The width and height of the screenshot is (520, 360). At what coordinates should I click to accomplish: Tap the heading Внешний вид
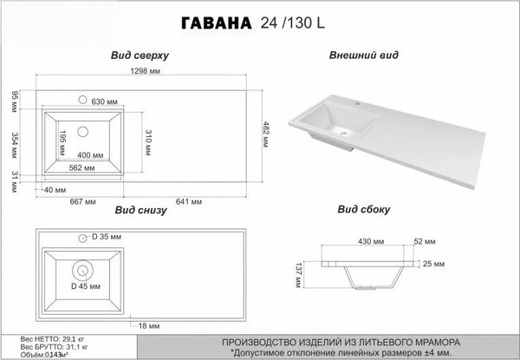pos(364,55)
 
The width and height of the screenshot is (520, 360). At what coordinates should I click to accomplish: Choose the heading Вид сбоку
pos(364,210)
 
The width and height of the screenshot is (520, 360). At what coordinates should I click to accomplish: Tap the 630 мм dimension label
pos(105,101)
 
